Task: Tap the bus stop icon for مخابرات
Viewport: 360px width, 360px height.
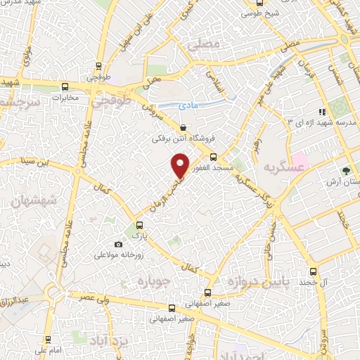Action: pos(65,87)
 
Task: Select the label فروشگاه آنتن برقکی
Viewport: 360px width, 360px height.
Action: pos(183,139)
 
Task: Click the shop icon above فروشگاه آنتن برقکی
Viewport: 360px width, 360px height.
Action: pos(183,128)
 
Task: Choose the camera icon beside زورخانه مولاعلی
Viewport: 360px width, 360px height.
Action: pos(117,244)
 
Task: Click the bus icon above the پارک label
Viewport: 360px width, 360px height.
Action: pos(139,226)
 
